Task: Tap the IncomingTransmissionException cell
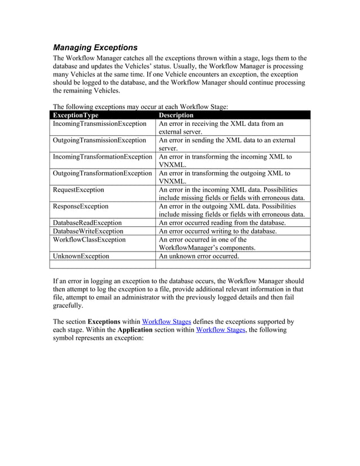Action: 99,124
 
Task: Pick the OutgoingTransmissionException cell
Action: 99,140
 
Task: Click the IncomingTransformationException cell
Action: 102,156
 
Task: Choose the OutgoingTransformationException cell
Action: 102,173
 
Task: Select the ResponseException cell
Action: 81,206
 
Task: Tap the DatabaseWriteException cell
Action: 88,231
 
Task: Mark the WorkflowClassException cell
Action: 89,239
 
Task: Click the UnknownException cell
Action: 81,256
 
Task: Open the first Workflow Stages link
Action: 166,322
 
